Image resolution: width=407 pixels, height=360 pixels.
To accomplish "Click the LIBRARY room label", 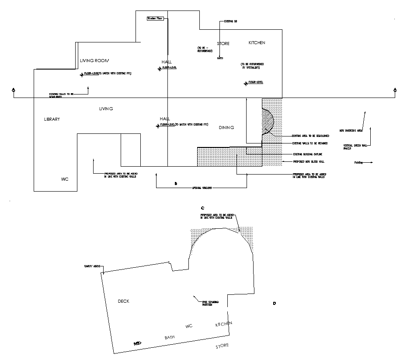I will pyautogui.click(x=52, y=119).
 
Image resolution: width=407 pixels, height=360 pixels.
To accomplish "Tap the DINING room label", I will pyautogui.click(x=226, y=128).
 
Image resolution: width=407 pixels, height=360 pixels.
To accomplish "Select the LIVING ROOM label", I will pyautogui.click(x=94, y=60).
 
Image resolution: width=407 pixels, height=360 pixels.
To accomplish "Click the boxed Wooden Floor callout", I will pyautogui.click(x=155, y=18).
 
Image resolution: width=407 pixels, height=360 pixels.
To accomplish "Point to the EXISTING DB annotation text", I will pyautogui.click(x=230, y=21).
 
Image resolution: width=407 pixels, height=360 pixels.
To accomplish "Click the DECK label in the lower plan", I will pyautogui.click(x=124, y=301).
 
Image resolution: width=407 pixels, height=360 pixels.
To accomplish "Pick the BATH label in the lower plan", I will pyautogui.click(x=169, y=338).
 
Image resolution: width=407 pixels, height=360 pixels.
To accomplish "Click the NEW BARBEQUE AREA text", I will pyautogui.click(x=351, y=130).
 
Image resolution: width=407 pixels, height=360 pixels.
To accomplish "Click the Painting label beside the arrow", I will pyautogui.click(x=358, y=163).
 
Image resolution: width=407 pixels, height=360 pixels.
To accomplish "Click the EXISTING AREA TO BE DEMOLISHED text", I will pyautogui.click(x=307, y=136).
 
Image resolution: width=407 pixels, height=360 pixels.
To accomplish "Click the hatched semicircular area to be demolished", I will pyautogui.click(x=267, y=121).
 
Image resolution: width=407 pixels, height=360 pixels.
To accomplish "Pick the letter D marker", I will pyautogui.click(x=275, y=303).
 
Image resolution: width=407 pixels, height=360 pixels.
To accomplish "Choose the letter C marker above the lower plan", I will pyautogui.click(x=202, y=208).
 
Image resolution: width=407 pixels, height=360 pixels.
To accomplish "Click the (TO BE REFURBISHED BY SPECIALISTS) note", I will pyautogui.click(x=253, y=66).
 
